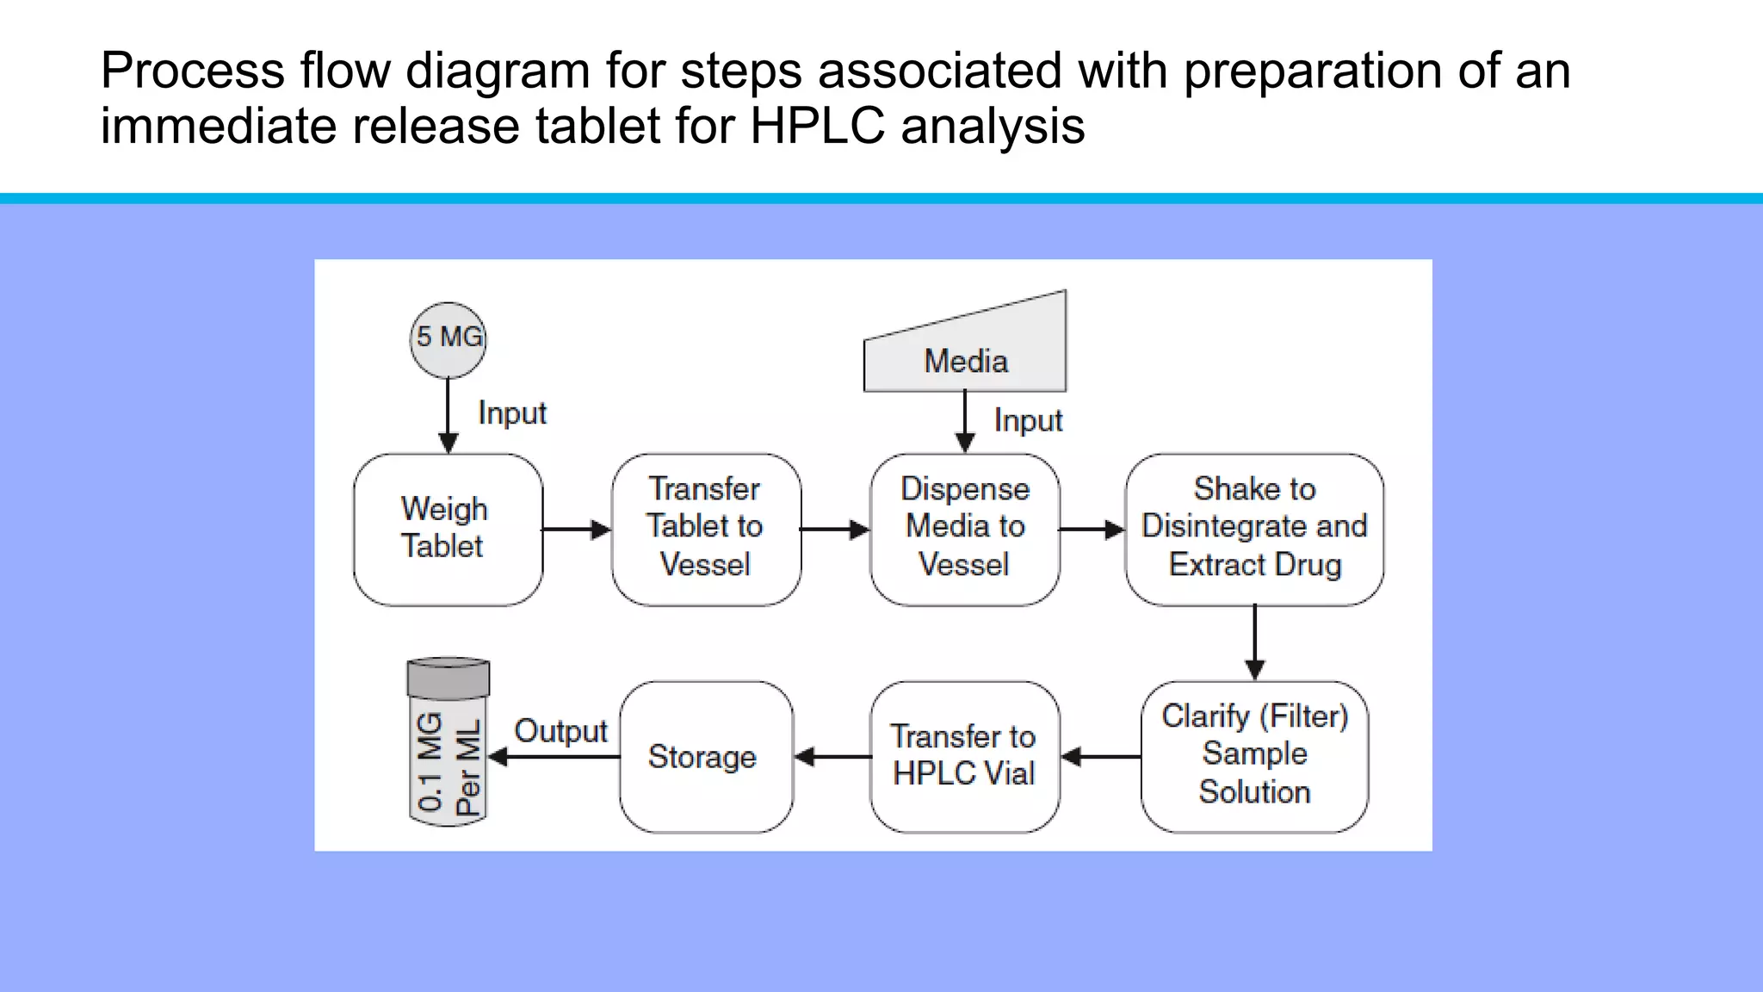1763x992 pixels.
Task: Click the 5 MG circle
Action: [448, 339]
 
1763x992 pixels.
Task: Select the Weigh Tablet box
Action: [448, 529]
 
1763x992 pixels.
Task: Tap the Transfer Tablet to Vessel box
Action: [706, 529]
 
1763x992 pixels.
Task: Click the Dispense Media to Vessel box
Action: [964, 529]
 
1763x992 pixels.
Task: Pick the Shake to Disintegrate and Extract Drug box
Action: [1254, 529]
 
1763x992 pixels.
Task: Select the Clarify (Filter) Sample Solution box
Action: [1254, 756]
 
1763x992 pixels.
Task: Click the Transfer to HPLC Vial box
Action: [964, 756]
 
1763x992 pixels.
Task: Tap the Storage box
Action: [706, 756]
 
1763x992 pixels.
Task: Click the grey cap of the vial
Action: [448, 678]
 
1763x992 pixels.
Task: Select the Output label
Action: [560, 731]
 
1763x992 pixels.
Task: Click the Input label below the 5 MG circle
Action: [511, 413]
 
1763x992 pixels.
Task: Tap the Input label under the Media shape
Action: [1028, 420]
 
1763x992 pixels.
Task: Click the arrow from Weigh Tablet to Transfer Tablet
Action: [577, 530]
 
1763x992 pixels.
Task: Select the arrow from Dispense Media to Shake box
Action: [1092, 530]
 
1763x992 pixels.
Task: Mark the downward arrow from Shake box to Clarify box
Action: [1254, 642]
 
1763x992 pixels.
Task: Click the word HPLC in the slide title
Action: [817, 126]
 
